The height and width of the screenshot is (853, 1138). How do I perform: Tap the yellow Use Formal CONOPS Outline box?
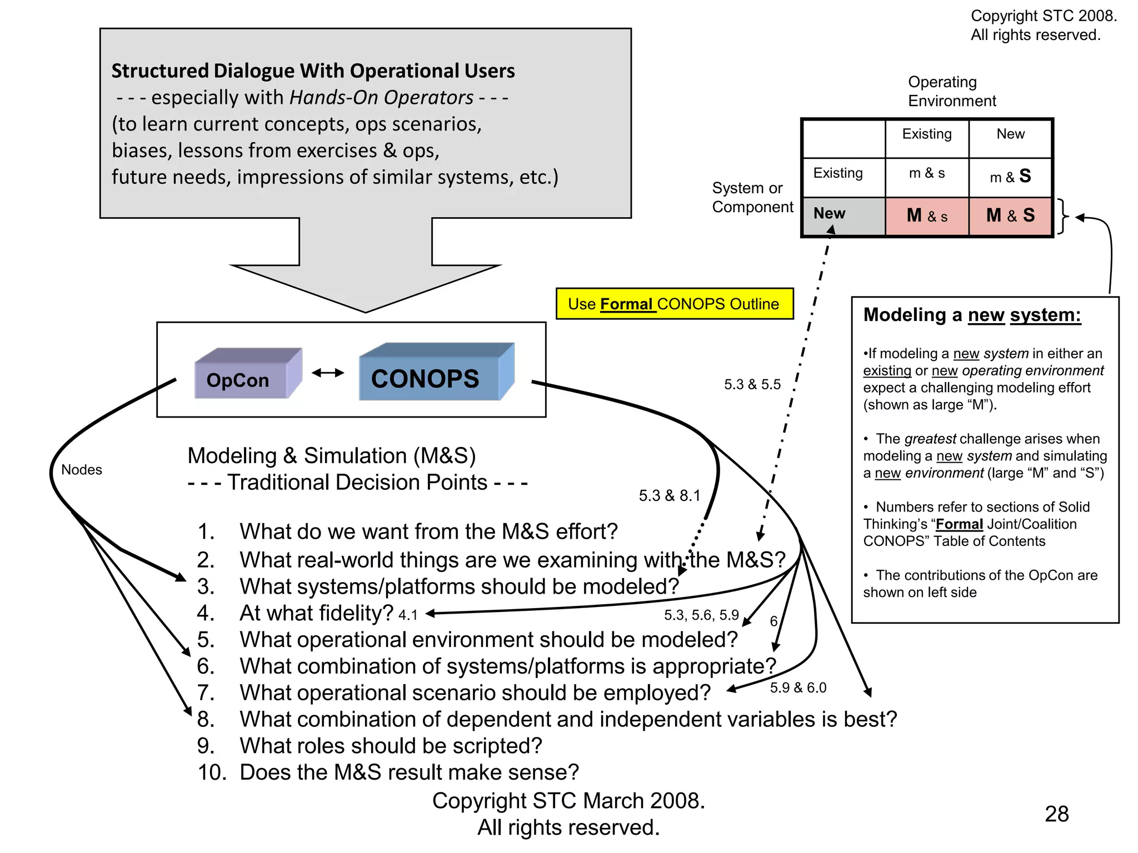[674, 304]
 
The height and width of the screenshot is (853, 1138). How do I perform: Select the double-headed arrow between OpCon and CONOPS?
[328, 373]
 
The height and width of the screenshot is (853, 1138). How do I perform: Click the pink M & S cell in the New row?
[1010, 215]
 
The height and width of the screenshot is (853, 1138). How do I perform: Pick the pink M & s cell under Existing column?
[926, 215]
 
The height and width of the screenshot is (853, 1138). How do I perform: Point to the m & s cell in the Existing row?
[926, 174]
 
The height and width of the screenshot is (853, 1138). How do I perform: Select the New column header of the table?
[1010, 134]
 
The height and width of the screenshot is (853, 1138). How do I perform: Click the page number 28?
[1056, 814]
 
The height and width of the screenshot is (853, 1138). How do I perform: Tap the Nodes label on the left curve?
[82, 470]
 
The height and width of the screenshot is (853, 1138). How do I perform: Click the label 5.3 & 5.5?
[752, 384]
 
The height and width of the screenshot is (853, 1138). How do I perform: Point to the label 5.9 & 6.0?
[798, 688]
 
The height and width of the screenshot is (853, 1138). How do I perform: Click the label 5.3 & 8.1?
[670, 495]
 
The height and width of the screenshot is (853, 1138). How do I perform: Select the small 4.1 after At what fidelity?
[408, 615]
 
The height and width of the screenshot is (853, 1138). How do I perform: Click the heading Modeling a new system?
[972, 315]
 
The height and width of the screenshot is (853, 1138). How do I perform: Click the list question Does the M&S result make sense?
[409, 772]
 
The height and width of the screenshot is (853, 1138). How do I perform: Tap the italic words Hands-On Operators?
[381, 98]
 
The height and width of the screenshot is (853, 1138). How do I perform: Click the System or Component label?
[752, 198]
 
